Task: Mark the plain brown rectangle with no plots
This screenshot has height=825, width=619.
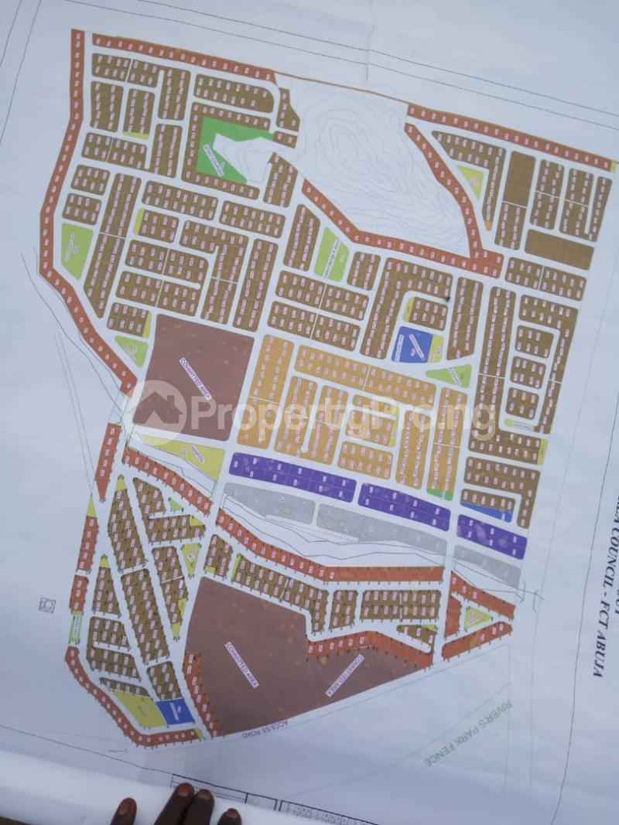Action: tap(558, 248)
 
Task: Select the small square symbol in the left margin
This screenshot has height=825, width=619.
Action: tap(47, 605)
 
